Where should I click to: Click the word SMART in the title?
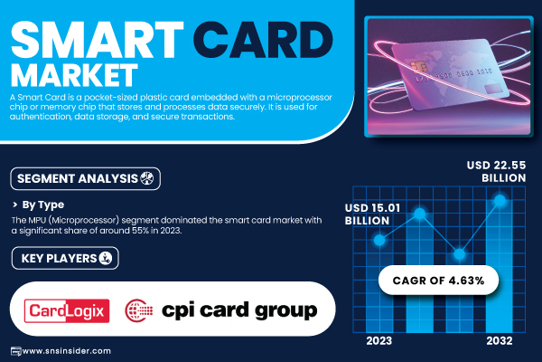98,40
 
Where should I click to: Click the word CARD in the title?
262,40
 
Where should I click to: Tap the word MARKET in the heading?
74,75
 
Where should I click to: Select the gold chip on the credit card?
418,66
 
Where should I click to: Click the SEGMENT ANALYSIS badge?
86,179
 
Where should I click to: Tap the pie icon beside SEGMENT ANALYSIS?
147,178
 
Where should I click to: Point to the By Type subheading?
42,205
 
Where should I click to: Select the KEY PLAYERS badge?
65,258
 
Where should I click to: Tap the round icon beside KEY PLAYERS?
106,258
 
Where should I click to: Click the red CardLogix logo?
67,310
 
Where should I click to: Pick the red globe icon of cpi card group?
138,310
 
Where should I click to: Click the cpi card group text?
239,310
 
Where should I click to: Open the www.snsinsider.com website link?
66,351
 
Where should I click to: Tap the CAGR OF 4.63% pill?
438,281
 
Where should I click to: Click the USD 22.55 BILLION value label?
496,171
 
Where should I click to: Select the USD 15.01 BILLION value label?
372,214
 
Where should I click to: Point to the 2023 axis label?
379,341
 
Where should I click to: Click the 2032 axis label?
500,341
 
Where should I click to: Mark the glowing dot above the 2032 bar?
500,200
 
